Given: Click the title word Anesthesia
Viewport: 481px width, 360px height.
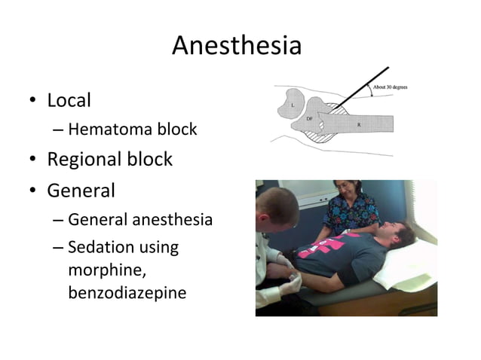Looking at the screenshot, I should (236, 46).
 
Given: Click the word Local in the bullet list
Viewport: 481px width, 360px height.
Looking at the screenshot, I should (69, 100).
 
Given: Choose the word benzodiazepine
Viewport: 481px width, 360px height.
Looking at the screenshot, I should (127, 292).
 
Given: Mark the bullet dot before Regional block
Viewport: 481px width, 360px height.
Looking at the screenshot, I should (33, 160).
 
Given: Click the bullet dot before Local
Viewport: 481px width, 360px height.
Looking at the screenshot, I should (33, 101).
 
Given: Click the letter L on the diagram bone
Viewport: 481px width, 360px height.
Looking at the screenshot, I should (293, 106).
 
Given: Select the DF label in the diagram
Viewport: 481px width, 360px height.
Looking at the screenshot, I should (309, 119).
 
